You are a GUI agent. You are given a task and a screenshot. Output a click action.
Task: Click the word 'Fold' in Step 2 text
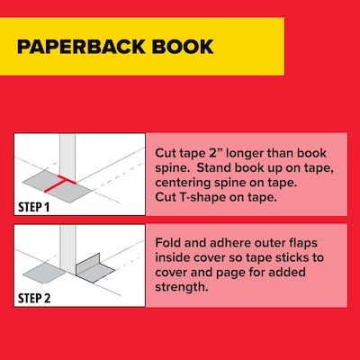click(x=170, y=241)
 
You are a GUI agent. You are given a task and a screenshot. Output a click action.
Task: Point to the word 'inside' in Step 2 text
click(x=175, y=257)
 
